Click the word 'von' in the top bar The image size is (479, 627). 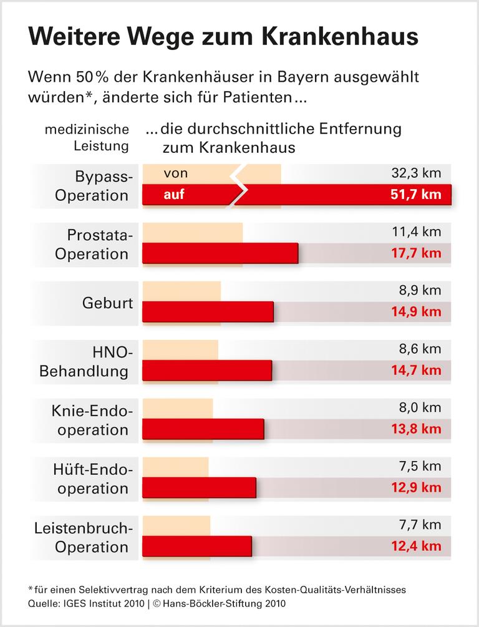(175, 173)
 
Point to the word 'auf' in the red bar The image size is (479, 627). (174, 195)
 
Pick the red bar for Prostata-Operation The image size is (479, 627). (220, 253)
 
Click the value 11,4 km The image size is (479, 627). (416, 232)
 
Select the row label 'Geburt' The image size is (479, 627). (107, 303)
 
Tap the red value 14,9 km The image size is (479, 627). (416, 312)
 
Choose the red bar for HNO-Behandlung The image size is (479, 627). (207, 371)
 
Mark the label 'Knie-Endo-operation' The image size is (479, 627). (92, 419)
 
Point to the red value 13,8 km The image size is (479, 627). (416, 429)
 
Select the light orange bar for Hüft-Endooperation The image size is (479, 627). (176, 466)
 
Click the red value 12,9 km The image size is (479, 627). (416, 488)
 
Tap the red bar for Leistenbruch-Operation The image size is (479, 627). (197, 547)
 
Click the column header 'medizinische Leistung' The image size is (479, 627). (87, 138)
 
